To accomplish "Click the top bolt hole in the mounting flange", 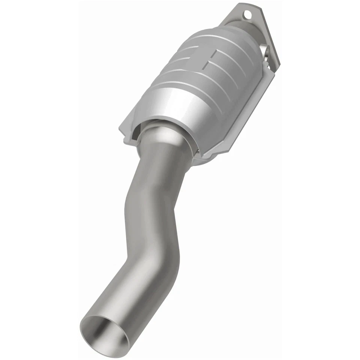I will coord(247,15).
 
